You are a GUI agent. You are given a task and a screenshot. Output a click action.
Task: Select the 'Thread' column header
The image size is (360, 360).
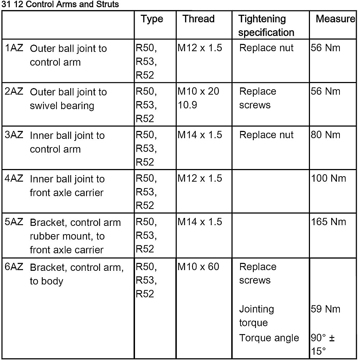[x=198, y=19]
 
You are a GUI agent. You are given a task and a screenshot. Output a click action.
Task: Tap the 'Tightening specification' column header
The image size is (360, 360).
[x=266, y=26]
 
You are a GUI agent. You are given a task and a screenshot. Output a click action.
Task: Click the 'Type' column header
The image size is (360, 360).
[x=152, y=19]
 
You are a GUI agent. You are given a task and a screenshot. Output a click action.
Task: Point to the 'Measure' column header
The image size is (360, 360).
[x=335, y=19]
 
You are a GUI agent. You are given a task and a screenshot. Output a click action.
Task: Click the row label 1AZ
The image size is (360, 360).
[x=14, y=48]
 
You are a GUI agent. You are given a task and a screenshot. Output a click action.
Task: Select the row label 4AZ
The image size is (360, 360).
[x=14, y=179]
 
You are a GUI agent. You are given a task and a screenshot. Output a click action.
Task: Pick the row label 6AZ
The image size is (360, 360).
[x=14, y=267]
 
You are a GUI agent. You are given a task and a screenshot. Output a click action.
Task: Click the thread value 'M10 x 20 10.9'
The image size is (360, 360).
[x=198, y=98]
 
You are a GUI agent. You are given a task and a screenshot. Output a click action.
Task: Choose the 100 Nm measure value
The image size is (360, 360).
[x=328, y=178]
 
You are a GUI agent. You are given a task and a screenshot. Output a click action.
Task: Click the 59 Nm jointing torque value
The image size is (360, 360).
[x=325, y=309]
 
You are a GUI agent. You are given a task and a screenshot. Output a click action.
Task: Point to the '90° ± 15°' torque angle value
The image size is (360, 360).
[x=322, y=345]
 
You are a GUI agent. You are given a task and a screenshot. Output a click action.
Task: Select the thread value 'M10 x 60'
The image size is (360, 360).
[x=198, y=267]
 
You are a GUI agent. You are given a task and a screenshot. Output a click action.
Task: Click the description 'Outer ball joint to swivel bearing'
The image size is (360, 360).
[x=68, y=99]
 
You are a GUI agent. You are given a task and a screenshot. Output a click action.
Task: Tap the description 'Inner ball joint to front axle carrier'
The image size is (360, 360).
[x=67, y=186]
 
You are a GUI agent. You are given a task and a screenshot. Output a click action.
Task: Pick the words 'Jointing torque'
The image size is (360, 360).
[x=256, y=316]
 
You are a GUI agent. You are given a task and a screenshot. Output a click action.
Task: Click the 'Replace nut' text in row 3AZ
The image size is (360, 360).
[x=266, y=135]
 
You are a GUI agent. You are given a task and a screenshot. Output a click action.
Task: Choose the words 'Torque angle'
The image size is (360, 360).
[x=269, y=338]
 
